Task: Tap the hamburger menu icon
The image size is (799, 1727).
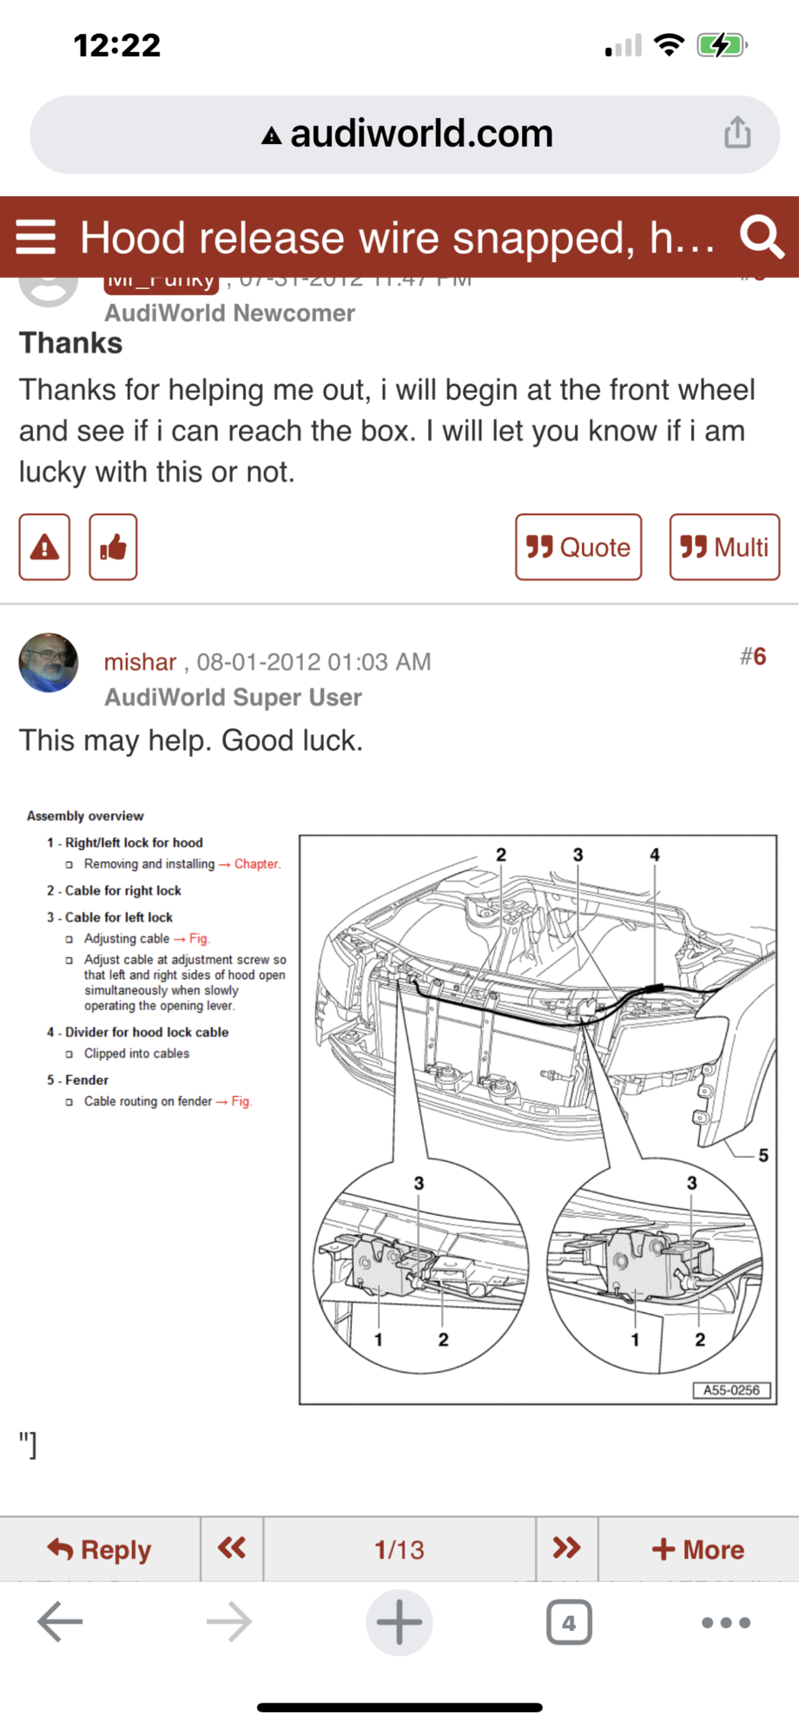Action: (x=36, y=236)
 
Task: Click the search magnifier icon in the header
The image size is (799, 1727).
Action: (x=761, y=236)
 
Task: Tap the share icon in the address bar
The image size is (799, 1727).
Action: (x=737, y=133)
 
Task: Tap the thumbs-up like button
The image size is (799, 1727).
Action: (x=113, y=547)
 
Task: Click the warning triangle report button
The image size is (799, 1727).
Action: (x=44, y=547)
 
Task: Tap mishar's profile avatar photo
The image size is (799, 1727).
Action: (x=49, y=662)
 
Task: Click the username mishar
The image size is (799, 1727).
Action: (x=140, y=662)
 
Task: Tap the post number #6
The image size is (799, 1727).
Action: (x=752, y=657)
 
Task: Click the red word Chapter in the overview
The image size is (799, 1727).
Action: (x=256, y=864)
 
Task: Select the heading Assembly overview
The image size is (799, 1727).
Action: (x=85, y=816)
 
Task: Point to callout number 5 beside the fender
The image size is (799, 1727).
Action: (x=763, y=1155)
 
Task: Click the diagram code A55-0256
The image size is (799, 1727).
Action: (x=731, y=1389)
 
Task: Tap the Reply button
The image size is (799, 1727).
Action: (x=100, y=1549)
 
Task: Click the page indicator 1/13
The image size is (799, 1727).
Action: (x=399, y=1549)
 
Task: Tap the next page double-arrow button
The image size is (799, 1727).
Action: (x=566, y=1548)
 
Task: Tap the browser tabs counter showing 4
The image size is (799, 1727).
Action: (x=569, y=1622)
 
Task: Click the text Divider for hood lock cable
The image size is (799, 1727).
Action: (x=147, y=1032)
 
